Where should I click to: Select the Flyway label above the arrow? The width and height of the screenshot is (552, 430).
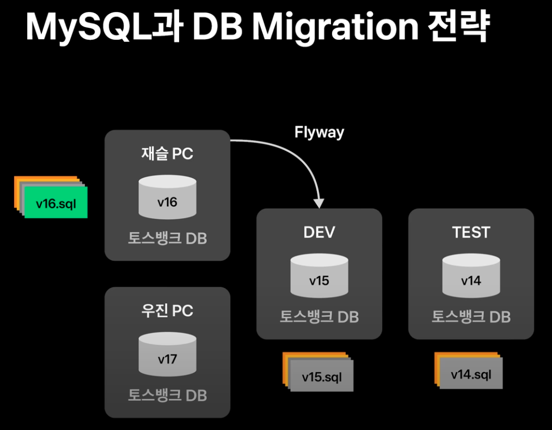319,132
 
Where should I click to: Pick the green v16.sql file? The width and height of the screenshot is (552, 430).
56,204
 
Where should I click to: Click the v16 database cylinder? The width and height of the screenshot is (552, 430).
167,198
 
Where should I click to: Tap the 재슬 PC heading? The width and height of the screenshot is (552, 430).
167,153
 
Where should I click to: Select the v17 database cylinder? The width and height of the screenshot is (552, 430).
167,355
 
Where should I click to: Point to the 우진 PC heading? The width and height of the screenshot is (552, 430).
167,311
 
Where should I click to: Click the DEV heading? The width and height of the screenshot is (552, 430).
319,232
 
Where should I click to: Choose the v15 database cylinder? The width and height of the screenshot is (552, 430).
319,277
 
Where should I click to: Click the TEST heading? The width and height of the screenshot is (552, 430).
471,232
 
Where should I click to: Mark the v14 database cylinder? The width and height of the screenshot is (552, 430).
471,277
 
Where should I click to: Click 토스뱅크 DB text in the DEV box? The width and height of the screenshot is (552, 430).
319,316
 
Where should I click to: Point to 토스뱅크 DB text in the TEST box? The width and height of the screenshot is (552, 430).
471,316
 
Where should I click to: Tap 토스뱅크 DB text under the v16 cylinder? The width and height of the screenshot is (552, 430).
167,238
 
